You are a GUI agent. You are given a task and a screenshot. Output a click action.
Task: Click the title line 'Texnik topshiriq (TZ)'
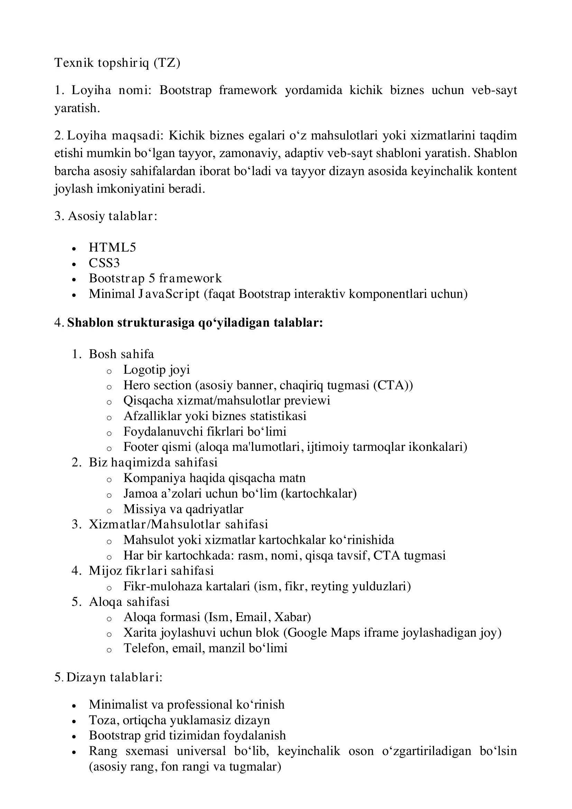pos(117,63)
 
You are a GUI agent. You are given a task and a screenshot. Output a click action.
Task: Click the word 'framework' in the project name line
pos(248,90)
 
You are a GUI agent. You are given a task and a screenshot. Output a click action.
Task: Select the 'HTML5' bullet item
pos(112,247)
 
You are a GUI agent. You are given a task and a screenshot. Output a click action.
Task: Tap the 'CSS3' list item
pos(104,263)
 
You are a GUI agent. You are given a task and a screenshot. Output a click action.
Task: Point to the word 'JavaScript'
pos(169,294)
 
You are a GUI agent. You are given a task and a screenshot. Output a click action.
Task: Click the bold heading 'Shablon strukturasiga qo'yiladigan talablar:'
pos(195,323)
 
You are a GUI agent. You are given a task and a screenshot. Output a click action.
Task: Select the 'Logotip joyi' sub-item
pos(156,370)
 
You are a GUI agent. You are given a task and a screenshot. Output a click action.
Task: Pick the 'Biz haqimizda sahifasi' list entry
pos(153,462)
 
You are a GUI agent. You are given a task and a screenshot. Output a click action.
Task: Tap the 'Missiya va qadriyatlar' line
pos(183,509)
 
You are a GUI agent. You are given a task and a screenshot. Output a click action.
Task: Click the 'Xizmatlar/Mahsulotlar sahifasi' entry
pos(178,524)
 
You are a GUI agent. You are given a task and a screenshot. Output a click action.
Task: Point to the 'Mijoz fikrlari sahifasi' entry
pos(151,571)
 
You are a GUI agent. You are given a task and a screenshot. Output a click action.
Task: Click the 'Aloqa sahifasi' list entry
pos(129,601)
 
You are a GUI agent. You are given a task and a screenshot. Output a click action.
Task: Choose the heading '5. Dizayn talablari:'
pos(109,677)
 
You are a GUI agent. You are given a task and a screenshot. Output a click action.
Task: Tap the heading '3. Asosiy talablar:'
pos(106,216)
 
